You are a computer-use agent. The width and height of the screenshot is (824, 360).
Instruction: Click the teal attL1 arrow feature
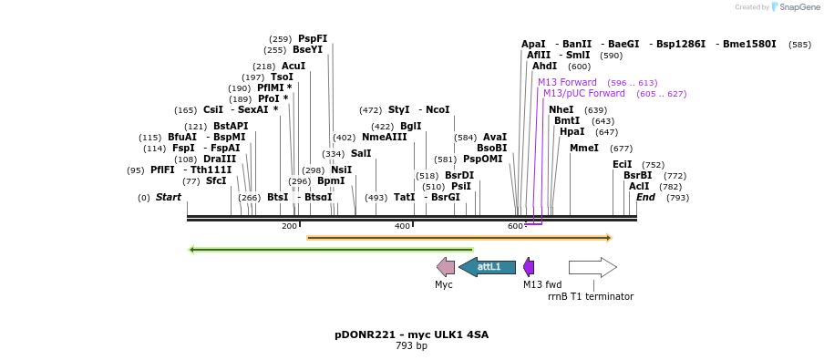pos(487,267)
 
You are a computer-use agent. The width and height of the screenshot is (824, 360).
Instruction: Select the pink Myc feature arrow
pos(446,267)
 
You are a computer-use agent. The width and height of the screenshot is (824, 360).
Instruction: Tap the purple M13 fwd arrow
pos(529,267)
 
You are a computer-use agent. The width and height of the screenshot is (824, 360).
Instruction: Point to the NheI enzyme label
pos(561,110)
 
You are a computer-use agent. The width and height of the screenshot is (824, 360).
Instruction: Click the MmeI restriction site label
pos(584,148)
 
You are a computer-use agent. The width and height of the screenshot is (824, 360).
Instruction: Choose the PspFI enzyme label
pos(313,39)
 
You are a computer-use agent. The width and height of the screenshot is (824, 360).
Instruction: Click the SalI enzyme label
pos(361,153)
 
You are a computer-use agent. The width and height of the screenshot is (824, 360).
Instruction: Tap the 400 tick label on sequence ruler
pos(402,226)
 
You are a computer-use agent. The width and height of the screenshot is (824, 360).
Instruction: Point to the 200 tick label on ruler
pos(289,226)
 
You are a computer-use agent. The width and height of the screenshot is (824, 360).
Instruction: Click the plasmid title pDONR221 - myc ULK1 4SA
pos(411,334)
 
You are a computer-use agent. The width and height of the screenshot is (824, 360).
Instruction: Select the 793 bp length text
pos(411,346)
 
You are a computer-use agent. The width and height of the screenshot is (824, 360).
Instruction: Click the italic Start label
pos(169,197)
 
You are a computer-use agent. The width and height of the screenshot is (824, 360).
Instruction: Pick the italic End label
pos(645,197)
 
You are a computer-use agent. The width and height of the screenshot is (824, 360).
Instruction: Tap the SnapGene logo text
pos(798,7)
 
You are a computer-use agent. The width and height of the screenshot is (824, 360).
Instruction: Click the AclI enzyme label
pos(639,186)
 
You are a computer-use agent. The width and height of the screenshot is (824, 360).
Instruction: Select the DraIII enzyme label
pos(220,159)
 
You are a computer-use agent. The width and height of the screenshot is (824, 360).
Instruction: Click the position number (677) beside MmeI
pos(621,149)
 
